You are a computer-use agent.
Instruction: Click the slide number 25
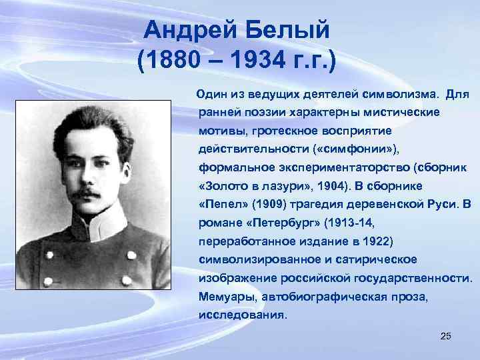click(x=446, y=336)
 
